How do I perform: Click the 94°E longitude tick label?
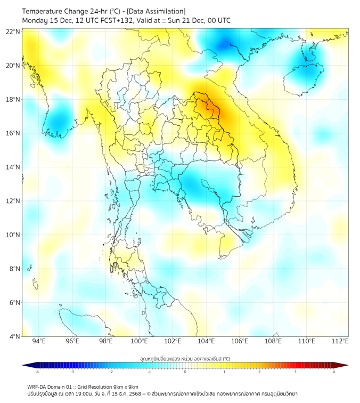pyautogui.click(x=39, y=342)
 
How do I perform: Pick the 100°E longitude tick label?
pyautogui.click(x=139, y=342)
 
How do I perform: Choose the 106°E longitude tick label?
pyautogui.click(x=240, y=342)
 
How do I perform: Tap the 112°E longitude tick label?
pyautogui.click(x=340, y=342)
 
